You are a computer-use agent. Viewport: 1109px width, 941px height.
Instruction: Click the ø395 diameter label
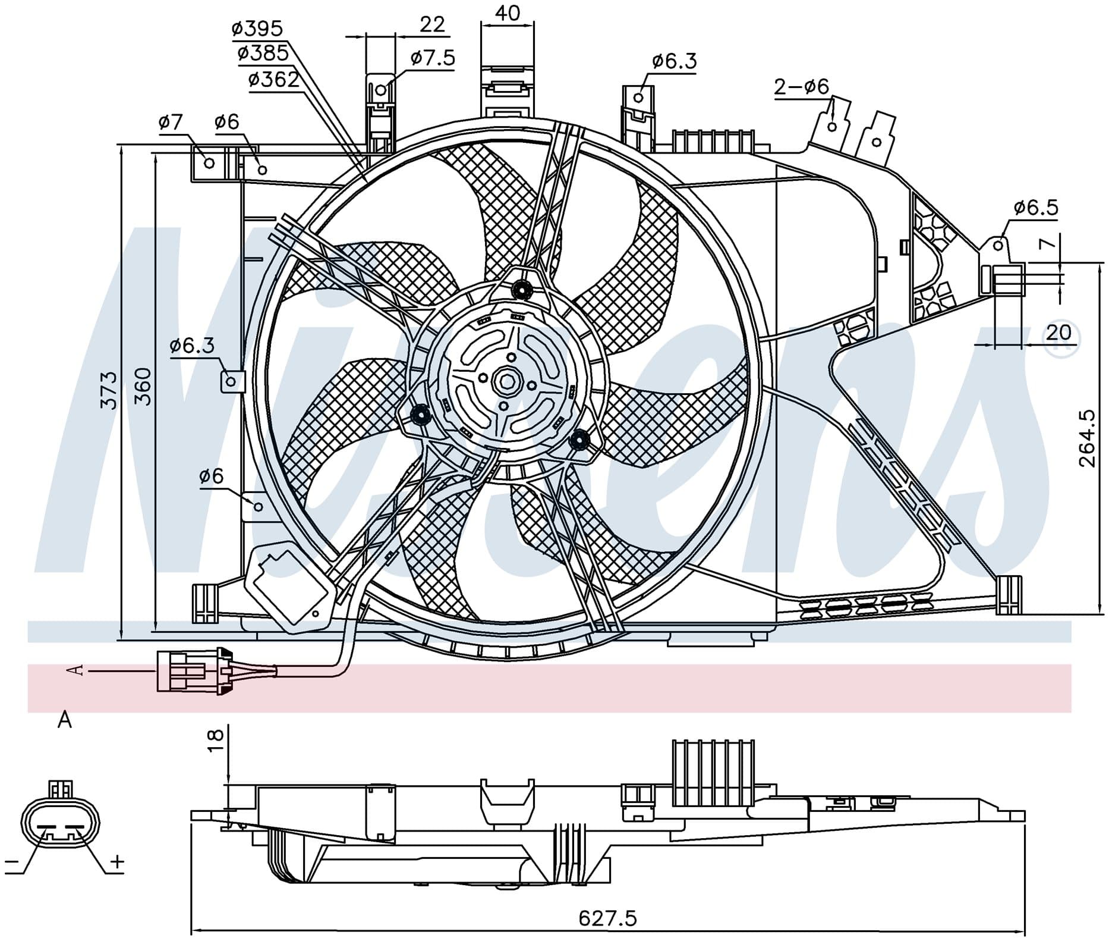click(257, 28)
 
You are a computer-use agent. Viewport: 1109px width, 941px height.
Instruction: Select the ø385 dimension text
click(263, 54)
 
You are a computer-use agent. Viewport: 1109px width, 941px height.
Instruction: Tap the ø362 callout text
click(274, 79)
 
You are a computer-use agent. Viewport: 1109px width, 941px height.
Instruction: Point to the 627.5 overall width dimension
click(607, 918)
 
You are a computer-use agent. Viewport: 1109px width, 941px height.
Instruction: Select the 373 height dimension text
click(109, 390)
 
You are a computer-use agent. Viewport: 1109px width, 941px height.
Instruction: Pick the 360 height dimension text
click(143, 387)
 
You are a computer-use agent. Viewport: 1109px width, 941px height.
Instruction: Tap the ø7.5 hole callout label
click(433, 58)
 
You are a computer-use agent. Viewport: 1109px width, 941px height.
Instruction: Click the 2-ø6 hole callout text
click(802, 87)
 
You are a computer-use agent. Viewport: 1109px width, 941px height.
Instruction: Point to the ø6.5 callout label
click(1036, 208)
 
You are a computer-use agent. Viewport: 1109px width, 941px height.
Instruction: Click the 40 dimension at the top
click(507, 12)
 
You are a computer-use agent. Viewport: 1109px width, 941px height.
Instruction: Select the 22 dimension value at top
click(432, 24)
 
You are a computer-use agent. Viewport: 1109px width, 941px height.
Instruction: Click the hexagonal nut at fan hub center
click(509, 381)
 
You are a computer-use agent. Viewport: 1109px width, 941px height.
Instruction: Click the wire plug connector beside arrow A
click(194, 670)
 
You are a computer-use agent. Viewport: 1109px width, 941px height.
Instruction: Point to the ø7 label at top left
click(171, 123)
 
